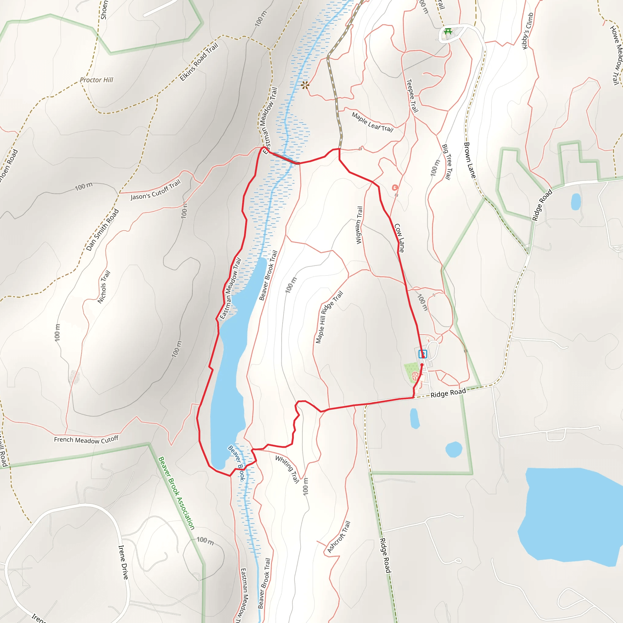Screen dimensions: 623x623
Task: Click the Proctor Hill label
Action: [96, 80]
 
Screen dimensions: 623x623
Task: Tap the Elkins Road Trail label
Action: [199, 62]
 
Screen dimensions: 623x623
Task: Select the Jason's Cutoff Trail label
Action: [155, 190]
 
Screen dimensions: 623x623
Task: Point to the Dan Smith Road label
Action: [103, 230]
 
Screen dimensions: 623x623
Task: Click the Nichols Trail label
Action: [104, 287]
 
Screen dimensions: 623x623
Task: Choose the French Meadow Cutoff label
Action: [86, 440]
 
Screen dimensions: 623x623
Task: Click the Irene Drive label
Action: [123, 562]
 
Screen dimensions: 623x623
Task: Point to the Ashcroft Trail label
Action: [339, 537]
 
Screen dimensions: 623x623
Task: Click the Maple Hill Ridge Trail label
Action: [329, 317]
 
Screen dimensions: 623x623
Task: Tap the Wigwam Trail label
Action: [359, 225]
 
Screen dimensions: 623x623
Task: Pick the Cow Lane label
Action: [399, 238]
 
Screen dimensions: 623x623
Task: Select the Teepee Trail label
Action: [412, 96]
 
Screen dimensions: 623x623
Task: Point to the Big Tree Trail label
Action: [446, 162]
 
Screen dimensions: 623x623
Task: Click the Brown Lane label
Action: [469, 160]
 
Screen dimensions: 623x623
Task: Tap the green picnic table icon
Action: [448, 32]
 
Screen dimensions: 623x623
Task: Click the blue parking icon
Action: [423, 354]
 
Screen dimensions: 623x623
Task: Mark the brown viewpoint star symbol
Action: [305, 85]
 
